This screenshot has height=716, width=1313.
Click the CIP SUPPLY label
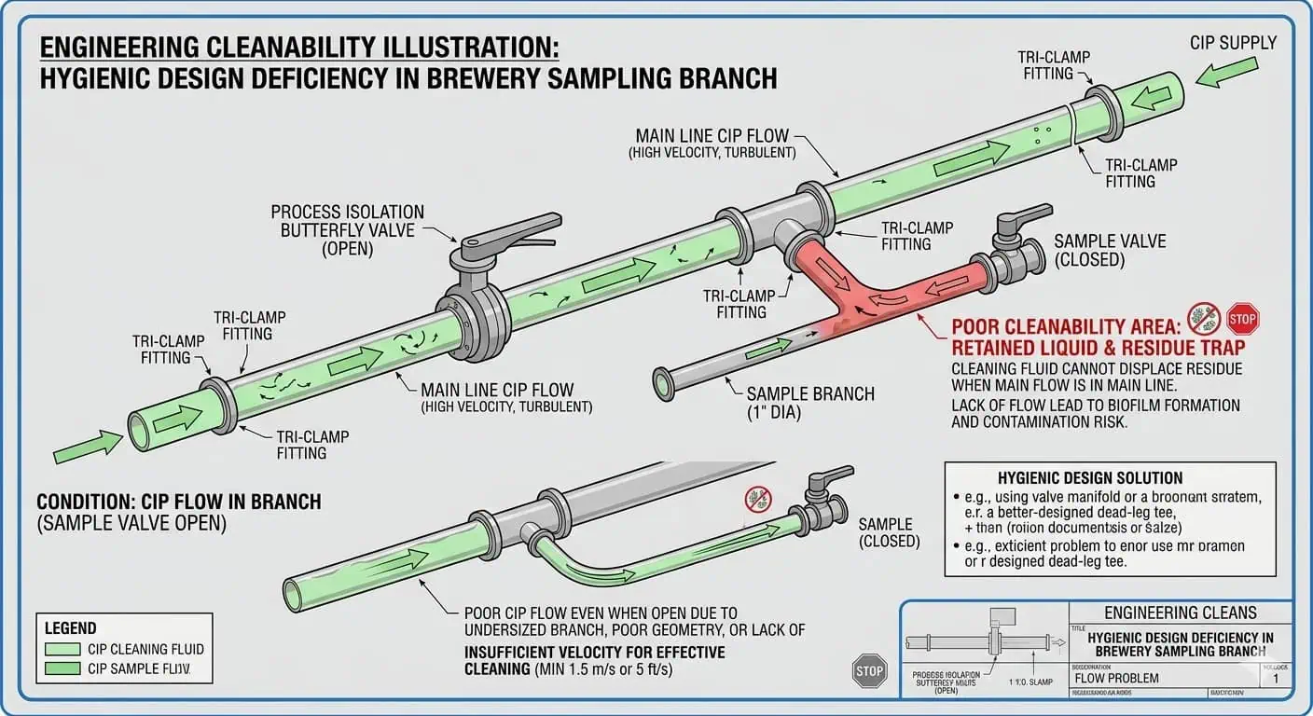tap(1233, 43)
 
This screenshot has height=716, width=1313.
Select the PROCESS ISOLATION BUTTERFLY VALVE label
tap(347, 229)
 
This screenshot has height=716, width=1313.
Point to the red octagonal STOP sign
tap(1242, 318)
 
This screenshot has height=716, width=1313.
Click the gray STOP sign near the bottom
tap(869, 670)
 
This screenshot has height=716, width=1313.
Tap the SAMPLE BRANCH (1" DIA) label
tap(810, 403)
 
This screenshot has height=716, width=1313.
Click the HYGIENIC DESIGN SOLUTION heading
tap(1089, 477)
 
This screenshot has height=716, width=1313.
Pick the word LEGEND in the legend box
tap(71, 628)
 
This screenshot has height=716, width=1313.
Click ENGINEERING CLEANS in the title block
tap(1180, 613)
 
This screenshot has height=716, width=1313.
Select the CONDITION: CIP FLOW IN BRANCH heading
tap(179, 503)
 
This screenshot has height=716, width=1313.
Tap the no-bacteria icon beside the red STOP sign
tap(1204, 318)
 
